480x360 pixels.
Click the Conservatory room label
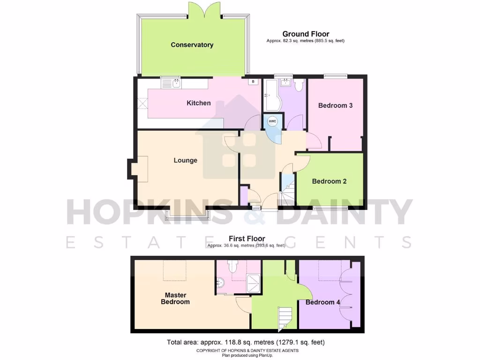pos(192,45)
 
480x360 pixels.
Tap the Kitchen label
pos(199,103)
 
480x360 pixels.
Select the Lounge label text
pos(186,160)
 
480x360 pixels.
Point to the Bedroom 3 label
pos(335,105)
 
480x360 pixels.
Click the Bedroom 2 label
pos(329,181)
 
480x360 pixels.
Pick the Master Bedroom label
pos(175,299)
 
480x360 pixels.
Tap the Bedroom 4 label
pos(323,302)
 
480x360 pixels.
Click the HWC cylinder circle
pos(273,121)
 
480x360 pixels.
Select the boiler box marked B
pos(253,82)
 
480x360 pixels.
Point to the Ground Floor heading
pos(306,34)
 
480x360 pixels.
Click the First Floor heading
pos(247,239)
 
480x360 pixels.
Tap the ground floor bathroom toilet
pos(300,85)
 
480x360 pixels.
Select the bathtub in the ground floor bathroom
pos(271,94)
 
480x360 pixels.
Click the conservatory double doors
pos(204,9)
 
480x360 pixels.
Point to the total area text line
pos(246,342)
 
